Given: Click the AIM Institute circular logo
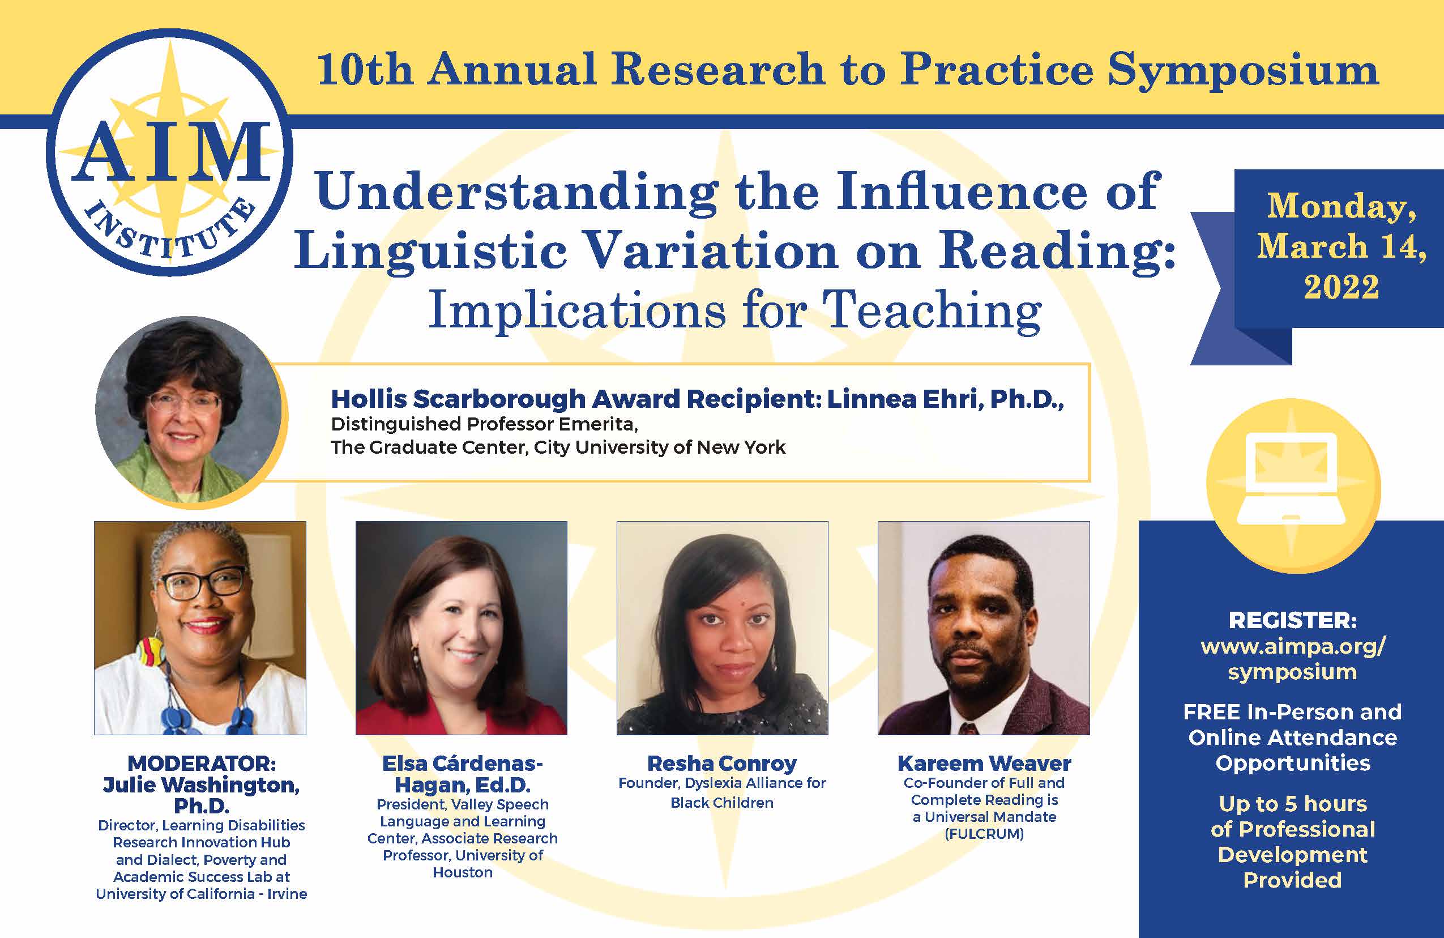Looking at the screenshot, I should (169, 152).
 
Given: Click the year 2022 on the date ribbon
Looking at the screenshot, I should (1341, 287).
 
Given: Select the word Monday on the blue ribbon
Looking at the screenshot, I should (1342, 206).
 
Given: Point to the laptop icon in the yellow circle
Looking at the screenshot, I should (1291, 479).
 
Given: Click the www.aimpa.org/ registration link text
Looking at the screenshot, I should (1293, 646).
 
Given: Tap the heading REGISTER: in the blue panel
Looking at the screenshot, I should (1292, 620).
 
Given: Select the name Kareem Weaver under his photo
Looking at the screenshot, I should (984, 764).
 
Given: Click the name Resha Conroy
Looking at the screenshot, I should (721, 764).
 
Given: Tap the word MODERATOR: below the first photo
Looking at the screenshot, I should (201, 764).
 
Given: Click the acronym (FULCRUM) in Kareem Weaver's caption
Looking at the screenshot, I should (984, 834).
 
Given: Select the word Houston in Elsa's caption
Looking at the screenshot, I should (462, 872).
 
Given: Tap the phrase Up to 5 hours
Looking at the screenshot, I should (1292, 804).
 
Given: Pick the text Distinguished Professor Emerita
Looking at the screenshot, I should (484, 424).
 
